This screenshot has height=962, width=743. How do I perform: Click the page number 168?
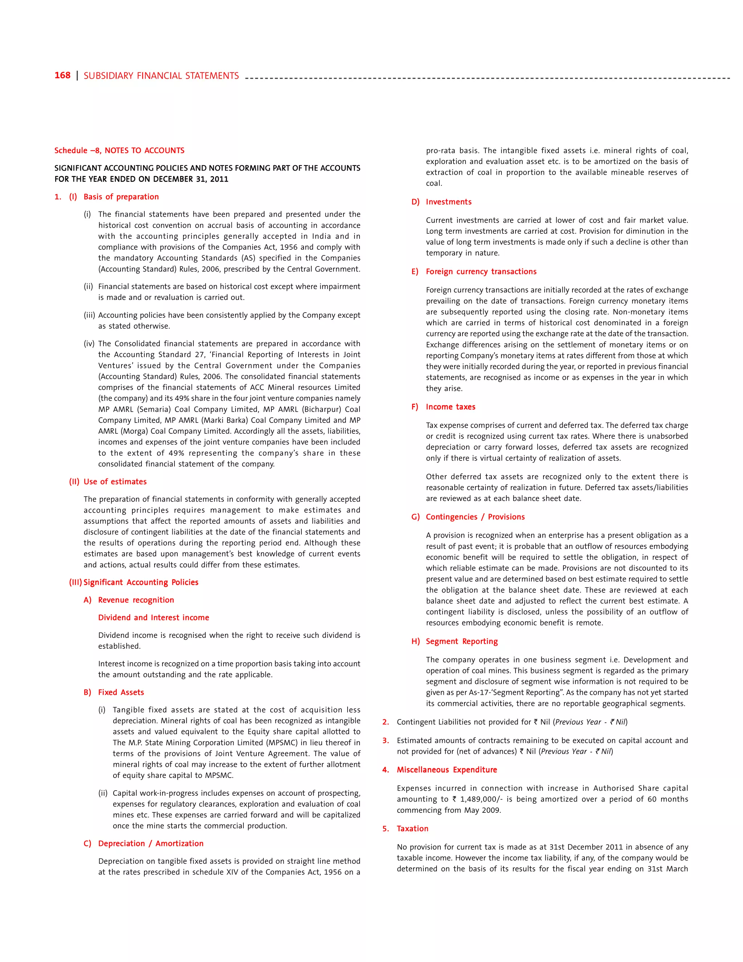click(62, 75)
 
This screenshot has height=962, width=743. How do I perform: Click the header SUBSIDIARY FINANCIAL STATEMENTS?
click(161, 76)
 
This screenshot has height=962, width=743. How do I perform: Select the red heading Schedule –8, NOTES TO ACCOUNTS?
click(119, 151)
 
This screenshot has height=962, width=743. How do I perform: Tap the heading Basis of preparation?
click(121, 197)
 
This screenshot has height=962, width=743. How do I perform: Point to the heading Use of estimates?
click(115, 481)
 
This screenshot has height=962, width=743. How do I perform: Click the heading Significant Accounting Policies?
click(141, 582)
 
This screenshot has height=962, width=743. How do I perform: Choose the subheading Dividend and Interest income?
click(153, 617)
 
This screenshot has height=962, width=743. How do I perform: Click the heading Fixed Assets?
click(121, 692)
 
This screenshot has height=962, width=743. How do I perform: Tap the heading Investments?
click(448, 202)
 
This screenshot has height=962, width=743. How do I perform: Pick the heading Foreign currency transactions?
click(481, 271)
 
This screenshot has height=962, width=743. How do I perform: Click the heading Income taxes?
click(450, 407)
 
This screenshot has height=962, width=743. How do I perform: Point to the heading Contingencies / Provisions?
click(475, 517)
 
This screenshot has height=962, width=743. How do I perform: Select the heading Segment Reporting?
click(462, 641)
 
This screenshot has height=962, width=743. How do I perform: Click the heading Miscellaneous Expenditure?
click(447, 770)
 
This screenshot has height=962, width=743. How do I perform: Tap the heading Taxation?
click(412, 828)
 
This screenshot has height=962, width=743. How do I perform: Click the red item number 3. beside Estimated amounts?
click(386, 741)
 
